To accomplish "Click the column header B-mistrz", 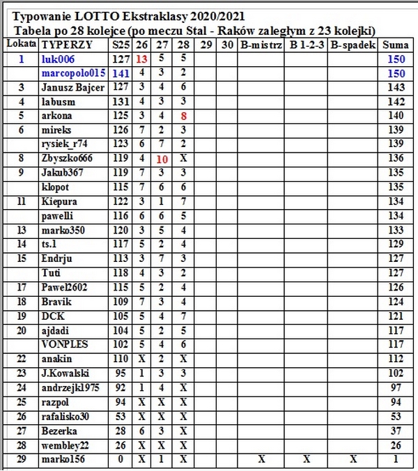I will (261, 45).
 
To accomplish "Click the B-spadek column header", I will (353, 45).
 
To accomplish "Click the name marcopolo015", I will (74, 73).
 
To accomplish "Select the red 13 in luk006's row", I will (142, 59).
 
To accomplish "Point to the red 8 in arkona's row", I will (183, 116).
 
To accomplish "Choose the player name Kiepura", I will (59, 201).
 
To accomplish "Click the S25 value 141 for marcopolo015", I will (121, 73).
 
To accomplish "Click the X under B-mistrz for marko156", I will (261, 459).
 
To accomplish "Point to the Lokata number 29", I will (22, 459).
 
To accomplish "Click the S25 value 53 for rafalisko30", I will (121, 416).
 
